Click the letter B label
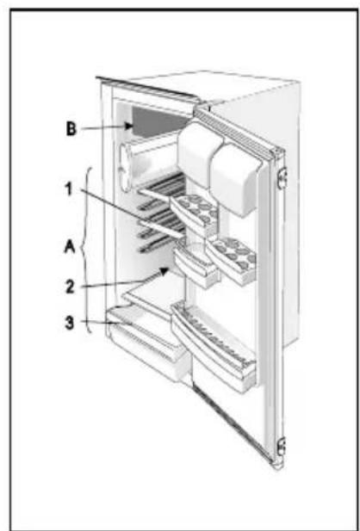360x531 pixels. pyautogui.click(x=71, y=129)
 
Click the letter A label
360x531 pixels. pyautogui.click(x=70, y=248)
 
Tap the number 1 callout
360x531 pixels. pyautogui.click(x=69, y=189)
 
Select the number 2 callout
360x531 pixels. pyautogui.click(x=71, y=287)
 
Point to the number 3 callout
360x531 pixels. pyautogui.click(x=70, y=323)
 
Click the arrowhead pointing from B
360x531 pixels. pyautogui.click(x=128, y=127)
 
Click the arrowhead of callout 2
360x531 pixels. pyautogui.click(x=164, y=272)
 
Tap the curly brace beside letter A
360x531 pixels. pyautogui.click(x=84, y=250)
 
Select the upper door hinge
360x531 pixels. pyautogui.click(x=282, y=177)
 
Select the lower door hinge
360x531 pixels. pyautogui.click(x=282, y=447)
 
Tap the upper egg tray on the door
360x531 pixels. pyautogui.click(x=195, y=212)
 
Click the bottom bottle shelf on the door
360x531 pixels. pyautogui.click(x=214, y=347)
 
